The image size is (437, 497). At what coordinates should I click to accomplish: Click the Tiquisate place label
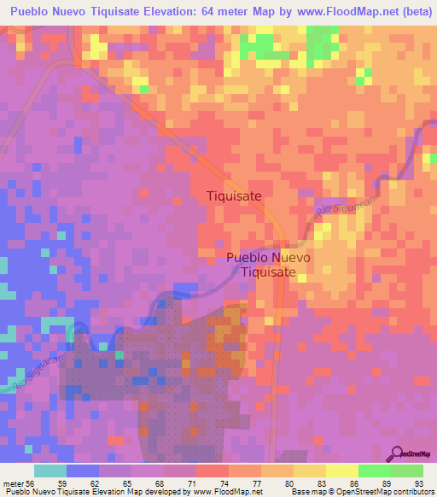pyautogui.click(x=234, y=196)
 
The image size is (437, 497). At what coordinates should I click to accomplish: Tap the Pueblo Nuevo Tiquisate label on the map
pyautogui.click(x=268, y=265)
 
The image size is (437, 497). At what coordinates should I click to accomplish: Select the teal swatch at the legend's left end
pyautogui.click(x=50, y=471)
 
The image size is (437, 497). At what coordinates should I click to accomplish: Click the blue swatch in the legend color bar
pyautogui.click(x=83, y=471)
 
